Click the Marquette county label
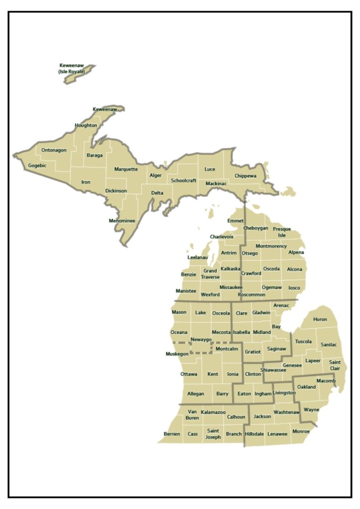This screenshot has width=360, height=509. pyautogui.click(x=126, y=169)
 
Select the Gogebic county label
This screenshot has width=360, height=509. pyautogui.click(x=37, y=166)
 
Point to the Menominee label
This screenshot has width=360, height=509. pyautogui.click(x=122, y=221)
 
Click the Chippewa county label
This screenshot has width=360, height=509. pyautogui.click(x=245, y=176)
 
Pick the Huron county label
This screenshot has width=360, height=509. pyautogui.click(x=320, y=320)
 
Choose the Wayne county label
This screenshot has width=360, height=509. pyautogui.click(x=311, y=410)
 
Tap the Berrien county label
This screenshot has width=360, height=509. pyautogui.click(x=172, y=434)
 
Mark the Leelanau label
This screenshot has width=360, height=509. pyautogui.click(x=197, y=257)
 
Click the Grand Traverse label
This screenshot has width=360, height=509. pyautogui.click(x=210, y=274)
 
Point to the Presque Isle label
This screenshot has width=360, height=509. pyautogui.click(x=282, y=232)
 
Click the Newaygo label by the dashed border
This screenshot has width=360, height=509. pyautogui.click(x=201, y=339)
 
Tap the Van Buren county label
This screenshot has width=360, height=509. pyautogui.click(x=192, y=415)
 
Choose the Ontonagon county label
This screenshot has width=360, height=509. pyautogui.click(x=54, y=150)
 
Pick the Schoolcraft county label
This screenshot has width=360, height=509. pyautogui.click(x=183, y=180)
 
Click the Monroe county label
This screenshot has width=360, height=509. pyautogui.click(x=301, y=431)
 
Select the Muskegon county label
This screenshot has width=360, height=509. pyautogui.click(x=177, y=354)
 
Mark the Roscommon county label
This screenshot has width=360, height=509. pyautogui.click(x=252, y=294)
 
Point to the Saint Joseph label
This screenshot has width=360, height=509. pyautogui.click(x=213, y=434)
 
